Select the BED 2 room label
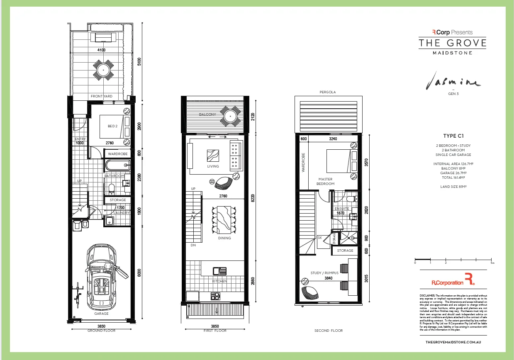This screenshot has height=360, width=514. [x=112, y=126]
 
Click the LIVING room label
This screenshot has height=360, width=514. [x=213, y=166]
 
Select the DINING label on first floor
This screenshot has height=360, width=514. [x=224, y=238]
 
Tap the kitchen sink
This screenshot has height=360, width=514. [x=220, y=272]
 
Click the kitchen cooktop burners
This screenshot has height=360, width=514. [x=215, y=296]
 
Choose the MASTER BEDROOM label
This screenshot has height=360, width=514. [x=325, y=181]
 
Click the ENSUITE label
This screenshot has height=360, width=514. [x=342, y=209]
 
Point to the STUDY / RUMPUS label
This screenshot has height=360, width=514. [x=324, y=273]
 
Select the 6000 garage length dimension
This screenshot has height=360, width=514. [x=139, y=272]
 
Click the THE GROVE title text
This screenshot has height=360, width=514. [x=452, y=43]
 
